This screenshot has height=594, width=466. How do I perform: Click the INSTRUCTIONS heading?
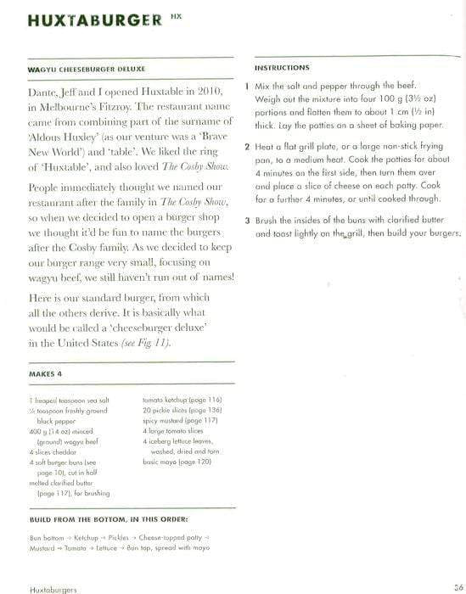[x=283, y=67]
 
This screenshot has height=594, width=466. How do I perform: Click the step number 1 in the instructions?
[x=246, y=87]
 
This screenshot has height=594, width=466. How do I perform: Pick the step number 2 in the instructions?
[x=246, y=147]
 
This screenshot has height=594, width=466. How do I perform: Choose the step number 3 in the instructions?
[x=246, y=221]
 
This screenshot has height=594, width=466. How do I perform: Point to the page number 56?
[x=457, y=586]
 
